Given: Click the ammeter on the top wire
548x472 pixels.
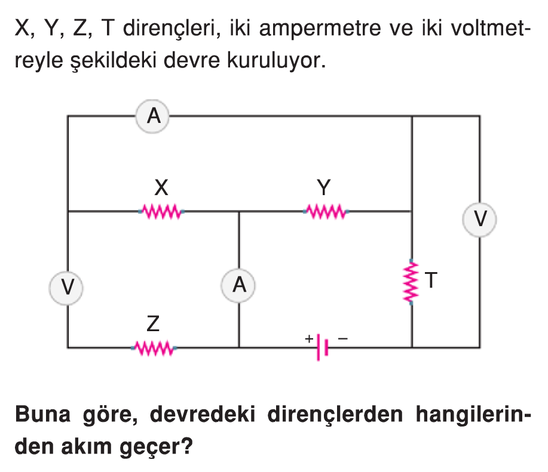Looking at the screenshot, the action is [153, 116].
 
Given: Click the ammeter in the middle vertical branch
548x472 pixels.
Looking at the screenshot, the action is [238, 285].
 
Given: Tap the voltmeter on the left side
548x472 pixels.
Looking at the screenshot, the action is [66, 288].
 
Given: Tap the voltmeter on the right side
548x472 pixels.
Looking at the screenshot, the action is [479, 220].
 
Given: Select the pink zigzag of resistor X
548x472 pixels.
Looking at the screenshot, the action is [161, 211].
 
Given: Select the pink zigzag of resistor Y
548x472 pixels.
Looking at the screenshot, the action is [326, 211].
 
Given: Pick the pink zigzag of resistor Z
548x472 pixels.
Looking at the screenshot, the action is [154, 348].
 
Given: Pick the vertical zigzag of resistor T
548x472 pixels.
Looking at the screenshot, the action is [411, 282].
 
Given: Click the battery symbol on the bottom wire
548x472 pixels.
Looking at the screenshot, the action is [322, 347].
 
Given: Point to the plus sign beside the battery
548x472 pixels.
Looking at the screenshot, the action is [309, 338].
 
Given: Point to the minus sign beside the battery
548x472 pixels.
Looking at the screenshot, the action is [343, 338].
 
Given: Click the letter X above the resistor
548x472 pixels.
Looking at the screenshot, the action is [161, 188].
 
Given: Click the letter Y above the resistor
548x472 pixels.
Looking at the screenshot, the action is [324, 188].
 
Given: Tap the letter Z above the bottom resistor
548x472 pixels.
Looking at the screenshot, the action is [153, 324].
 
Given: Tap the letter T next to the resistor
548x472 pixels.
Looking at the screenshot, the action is [431, 280].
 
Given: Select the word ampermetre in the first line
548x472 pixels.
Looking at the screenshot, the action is [320, 29].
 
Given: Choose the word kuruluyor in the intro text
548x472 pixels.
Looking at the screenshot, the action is [276, 60].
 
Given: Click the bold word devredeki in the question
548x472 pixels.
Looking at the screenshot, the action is [203, 415].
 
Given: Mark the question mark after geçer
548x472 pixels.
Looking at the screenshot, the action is [187, 446].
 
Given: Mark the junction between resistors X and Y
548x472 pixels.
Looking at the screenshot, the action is [239, 211].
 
